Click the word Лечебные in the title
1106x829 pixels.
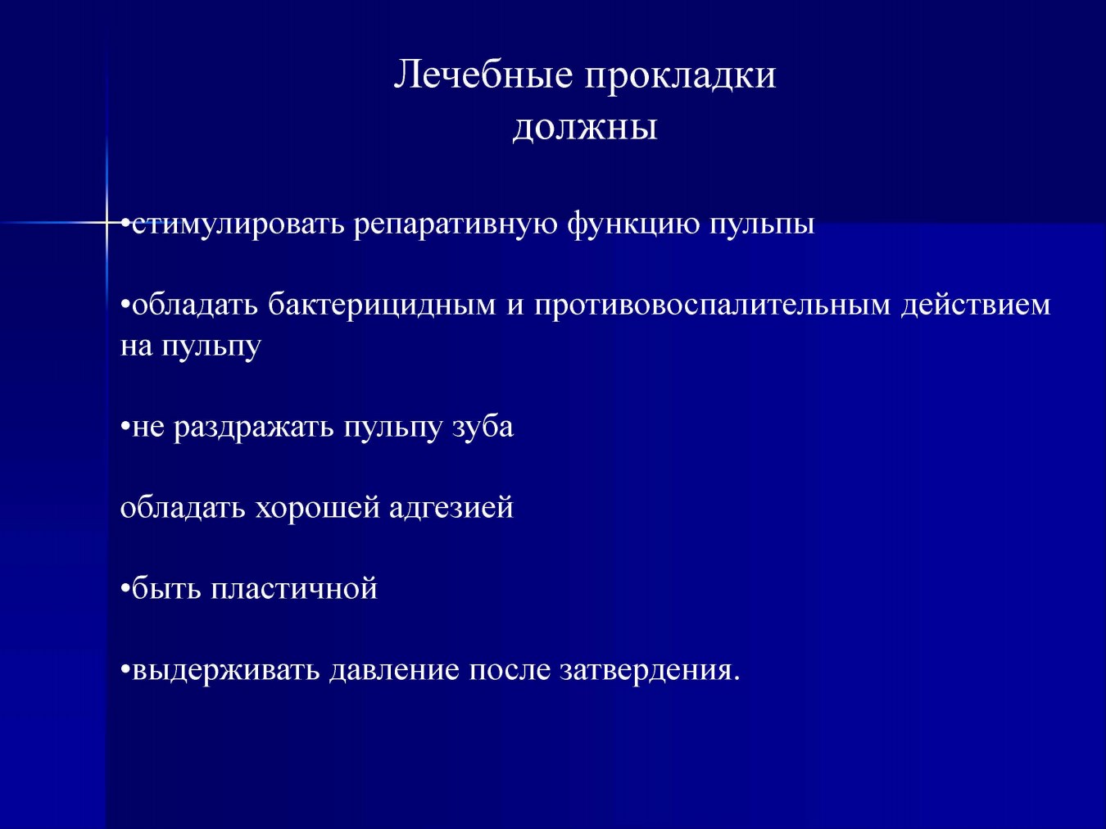click(483, 76)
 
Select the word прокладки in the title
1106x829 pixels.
click(680, 79)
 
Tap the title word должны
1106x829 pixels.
click(585, 129)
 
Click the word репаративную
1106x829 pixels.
click(456, 225)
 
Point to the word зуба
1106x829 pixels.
click(483, 426)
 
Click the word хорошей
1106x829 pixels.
click(317, 507)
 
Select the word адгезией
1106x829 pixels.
click(451, 509)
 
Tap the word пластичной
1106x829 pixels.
click(294, 588)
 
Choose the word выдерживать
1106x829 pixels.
click(226, 671)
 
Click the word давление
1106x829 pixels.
click(395, 671)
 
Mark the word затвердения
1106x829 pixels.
click(645, 671)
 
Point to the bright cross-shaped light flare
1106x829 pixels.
click(107, 222)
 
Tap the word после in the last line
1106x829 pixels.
click(510, 671)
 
